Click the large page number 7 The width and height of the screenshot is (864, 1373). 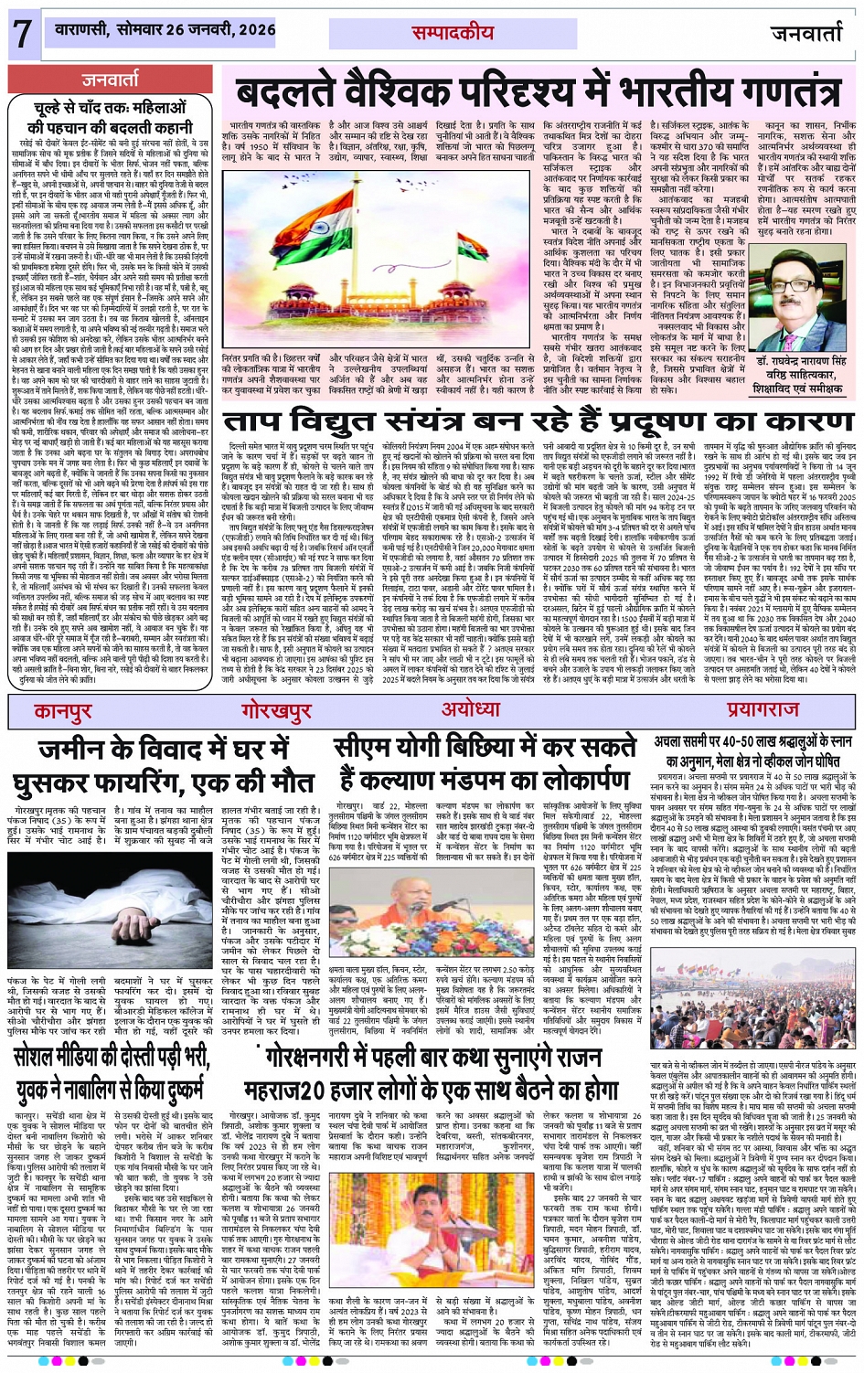(21, 34)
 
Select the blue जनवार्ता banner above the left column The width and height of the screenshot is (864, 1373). (110, 80)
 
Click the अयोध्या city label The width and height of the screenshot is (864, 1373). (471, 710)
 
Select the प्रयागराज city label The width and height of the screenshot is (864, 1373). (763, 710)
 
